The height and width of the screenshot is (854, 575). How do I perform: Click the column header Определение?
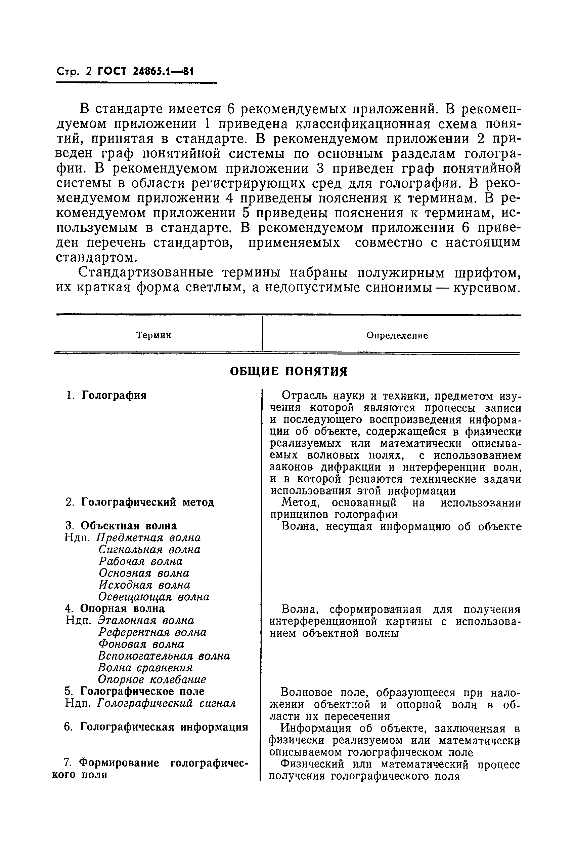(x=397, y=335)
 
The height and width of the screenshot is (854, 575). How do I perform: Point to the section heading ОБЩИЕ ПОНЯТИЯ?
(x=288, y=371)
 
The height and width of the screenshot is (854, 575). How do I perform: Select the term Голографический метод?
(x=147, y=502)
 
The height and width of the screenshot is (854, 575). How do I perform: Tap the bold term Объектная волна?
(x=128, y=525)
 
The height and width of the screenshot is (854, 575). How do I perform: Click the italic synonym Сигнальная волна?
(x=149, y=549)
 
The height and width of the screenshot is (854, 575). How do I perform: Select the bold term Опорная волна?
(x=122, y=608)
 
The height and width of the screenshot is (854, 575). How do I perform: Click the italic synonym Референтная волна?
(x=152, y=632)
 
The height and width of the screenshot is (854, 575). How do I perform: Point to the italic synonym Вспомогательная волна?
(x=164, y=656)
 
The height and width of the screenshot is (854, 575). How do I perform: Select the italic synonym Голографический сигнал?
(x=166, y=703)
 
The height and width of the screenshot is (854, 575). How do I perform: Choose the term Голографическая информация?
(x=164, y=727)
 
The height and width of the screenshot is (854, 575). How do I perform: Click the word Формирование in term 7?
(x=120, y=763)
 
